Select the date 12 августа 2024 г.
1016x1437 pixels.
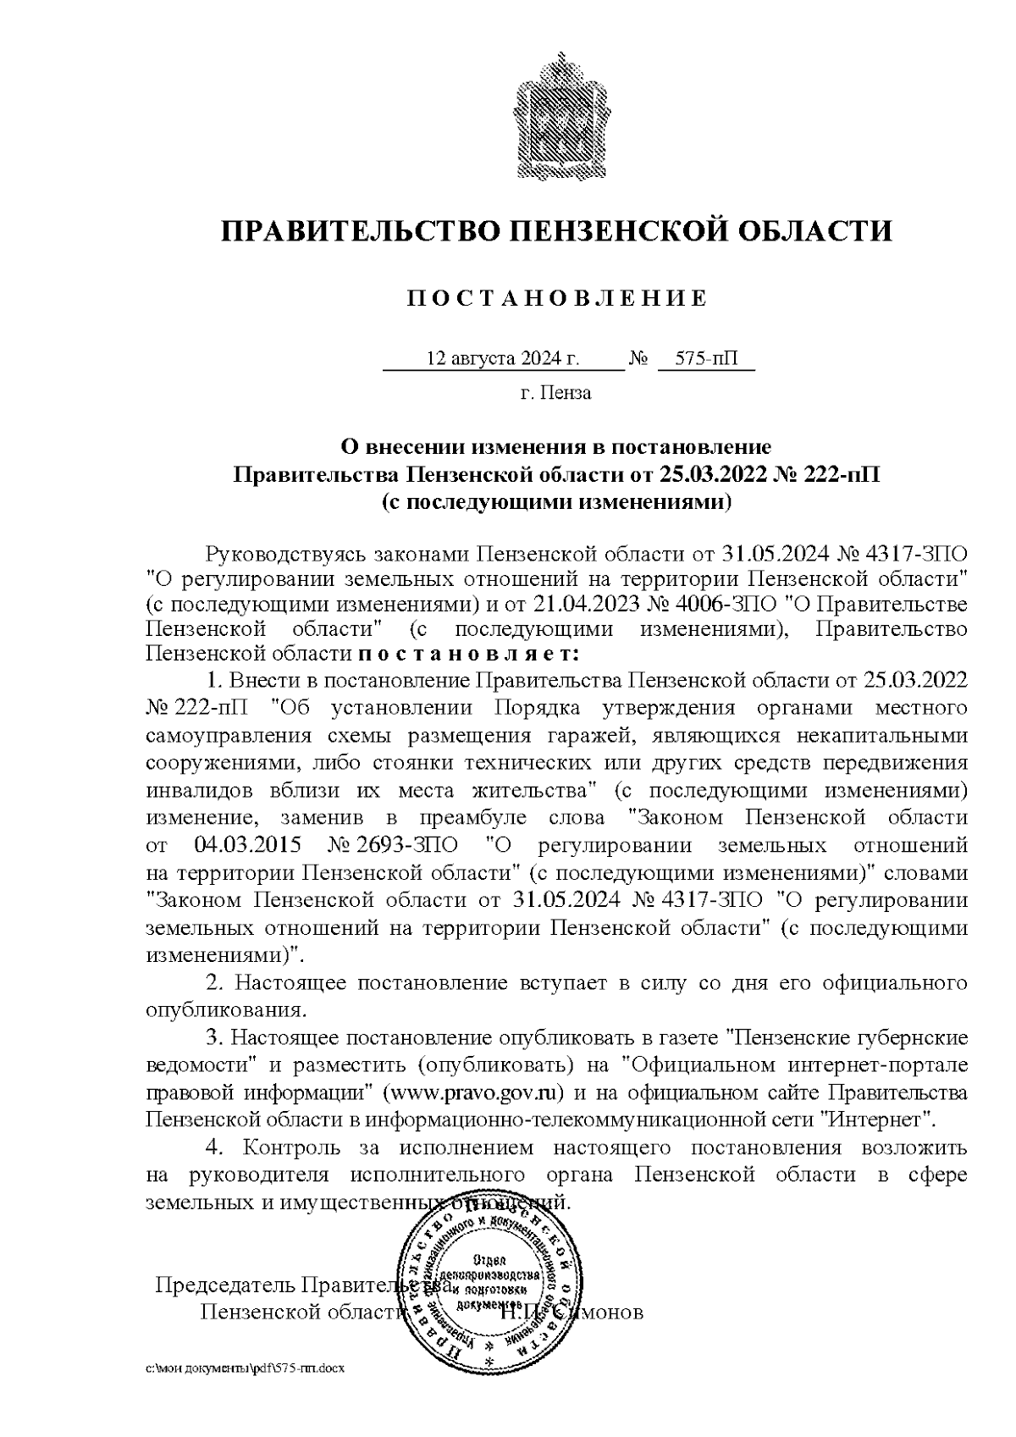503,359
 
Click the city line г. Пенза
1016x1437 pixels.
555,393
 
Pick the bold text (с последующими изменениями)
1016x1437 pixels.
555,501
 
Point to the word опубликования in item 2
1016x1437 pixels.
225,1009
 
